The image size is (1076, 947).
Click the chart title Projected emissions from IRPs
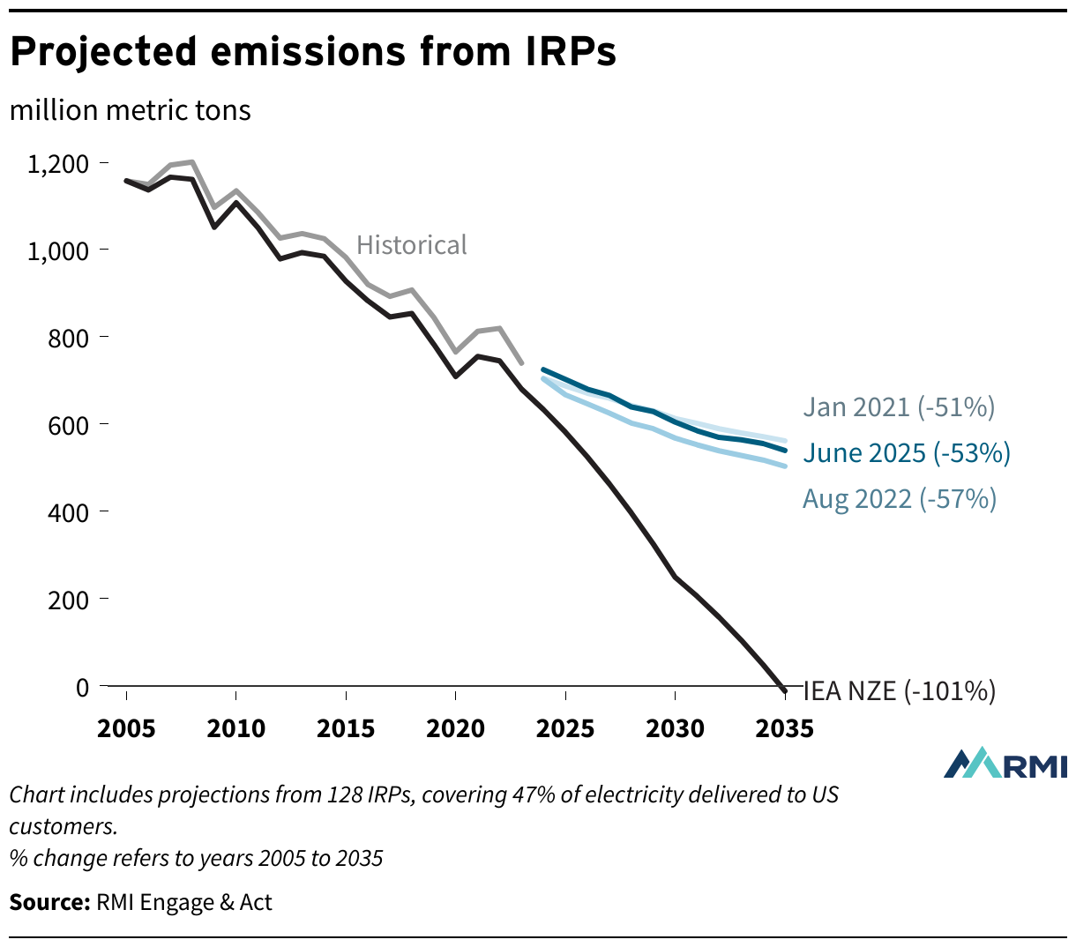click(312, 52)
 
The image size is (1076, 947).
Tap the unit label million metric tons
click(130, 110)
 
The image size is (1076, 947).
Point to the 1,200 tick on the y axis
click(58, 164)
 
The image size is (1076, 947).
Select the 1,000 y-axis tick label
click(58, 250)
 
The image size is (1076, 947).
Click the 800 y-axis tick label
click(68, 338)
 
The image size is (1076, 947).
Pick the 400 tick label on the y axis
click(68, 512)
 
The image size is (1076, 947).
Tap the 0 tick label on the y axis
click(82, 687)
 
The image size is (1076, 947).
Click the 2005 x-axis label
click(126, 729)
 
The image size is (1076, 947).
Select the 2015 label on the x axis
click(346, 729)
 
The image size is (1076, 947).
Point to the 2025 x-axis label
click(564, 729)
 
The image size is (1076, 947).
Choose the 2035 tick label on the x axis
click(784, 729)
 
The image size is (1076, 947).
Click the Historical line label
click(411, 244)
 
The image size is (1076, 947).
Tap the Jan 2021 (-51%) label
click(898, 406)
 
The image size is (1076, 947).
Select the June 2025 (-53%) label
click(906, 453)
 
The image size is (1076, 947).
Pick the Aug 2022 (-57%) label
click(899, 499)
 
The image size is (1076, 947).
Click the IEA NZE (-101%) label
click(899, 690)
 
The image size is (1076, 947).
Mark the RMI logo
click(1005, 764)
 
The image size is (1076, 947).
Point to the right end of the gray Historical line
click(522, 362)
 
